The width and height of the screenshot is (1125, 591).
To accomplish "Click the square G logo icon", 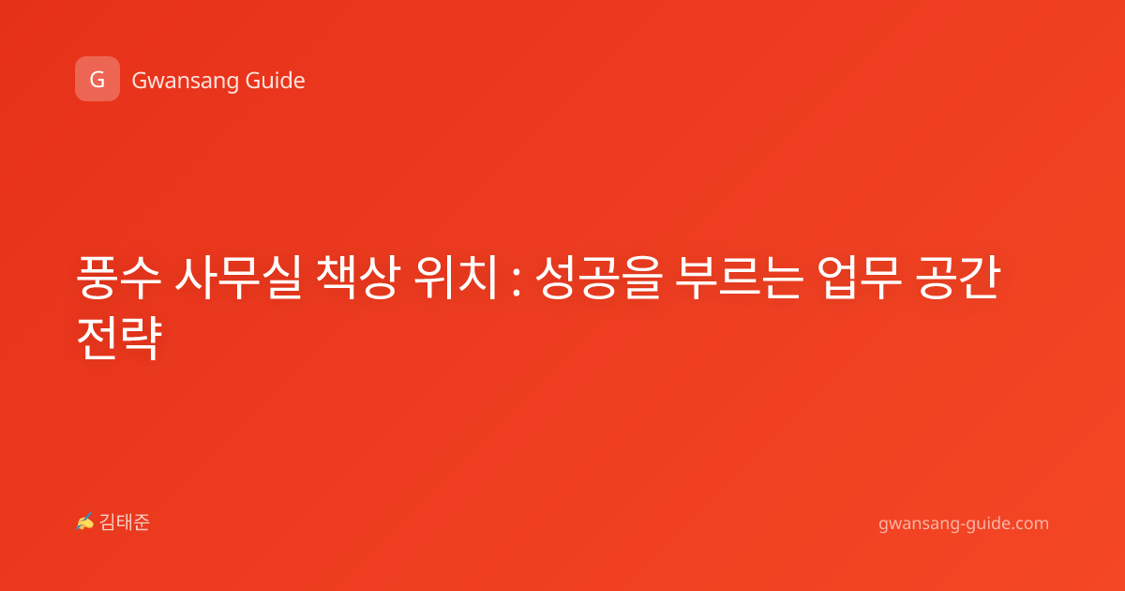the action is coord(97,79).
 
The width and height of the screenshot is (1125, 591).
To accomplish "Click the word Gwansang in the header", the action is coord(185,82).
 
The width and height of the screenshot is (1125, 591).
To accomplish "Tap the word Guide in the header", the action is coord(276,81).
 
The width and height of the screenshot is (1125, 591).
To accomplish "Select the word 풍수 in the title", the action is coord(118,278).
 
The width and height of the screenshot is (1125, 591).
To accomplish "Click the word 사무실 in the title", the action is coord(238,278).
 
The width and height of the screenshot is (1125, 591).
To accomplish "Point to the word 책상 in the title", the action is coord(358,278).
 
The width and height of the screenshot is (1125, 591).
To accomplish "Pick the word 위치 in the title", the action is coord(456,278).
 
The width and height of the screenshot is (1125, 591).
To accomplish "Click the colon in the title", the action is coord(517,282).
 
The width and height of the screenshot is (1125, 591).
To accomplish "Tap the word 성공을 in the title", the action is coord(599,278).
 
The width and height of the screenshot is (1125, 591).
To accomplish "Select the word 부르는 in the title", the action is coord(739,278).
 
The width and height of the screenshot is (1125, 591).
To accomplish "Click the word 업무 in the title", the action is coord(859,278).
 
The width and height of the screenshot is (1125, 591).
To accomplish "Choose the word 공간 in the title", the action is coord(957,278).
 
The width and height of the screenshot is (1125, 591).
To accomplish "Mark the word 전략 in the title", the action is coord(119,338).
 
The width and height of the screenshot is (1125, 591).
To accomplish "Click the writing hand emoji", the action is coord(85,522).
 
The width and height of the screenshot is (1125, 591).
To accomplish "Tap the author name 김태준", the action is coord(125,523).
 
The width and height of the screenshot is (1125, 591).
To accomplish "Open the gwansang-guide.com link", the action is coord(964,524).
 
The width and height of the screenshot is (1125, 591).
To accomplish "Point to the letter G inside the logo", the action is coord(97,80).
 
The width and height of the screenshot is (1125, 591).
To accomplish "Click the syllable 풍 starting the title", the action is coord(97,278).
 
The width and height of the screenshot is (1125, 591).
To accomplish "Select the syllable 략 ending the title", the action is coord(142,338).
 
